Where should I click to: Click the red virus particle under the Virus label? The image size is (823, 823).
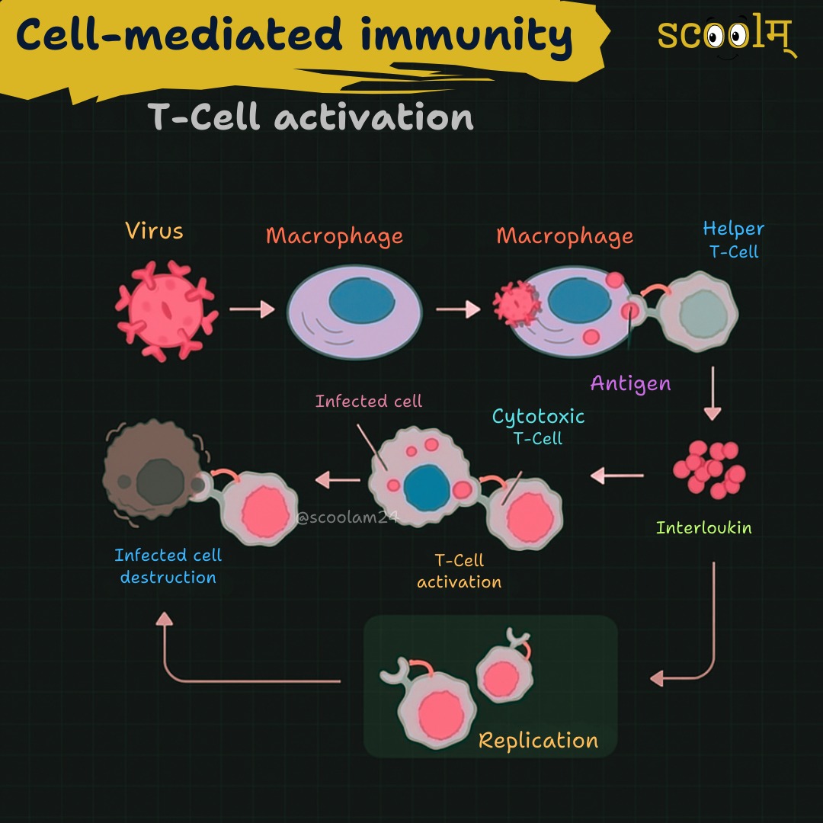coord(166,311)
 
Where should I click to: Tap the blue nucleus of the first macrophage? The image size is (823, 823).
coord(362,301)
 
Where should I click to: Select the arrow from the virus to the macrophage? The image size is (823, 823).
coord(252,309)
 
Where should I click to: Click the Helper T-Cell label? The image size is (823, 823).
coord(733,240)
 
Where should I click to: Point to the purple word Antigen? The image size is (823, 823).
coord(630,383)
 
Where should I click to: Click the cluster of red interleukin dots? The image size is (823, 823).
coord(709,469)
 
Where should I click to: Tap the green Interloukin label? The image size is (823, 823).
coord(703,527)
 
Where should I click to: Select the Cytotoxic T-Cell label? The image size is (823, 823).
coord(538,426)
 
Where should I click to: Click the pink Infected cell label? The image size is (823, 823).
coord(369,402)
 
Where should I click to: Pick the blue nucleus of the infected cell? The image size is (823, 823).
coord(427,488)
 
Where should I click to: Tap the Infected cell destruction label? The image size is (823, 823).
coord(168,565)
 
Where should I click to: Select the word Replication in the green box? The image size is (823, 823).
coord(538,741)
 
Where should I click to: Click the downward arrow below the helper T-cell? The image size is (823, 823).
coord(713,393)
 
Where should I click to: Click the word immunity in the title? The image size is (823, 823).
coord(466,34)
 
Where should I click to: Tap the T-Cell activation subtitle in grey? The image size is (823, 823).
coord(311,117)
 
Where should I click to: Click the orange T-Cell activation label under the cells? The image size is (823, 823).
coord(460,571)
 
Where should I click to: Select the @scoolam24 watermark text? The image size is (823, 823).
coord(347,517)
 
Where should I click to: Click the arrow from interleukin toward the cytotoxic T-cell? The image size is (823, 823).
coord(616,476)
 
